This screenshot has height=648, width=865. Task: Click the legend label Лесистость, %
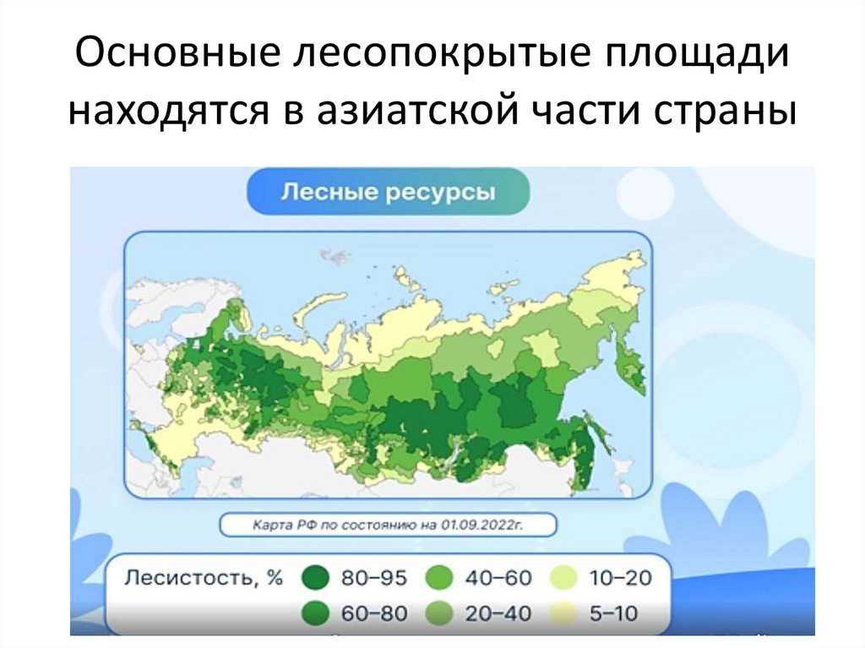203,578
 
